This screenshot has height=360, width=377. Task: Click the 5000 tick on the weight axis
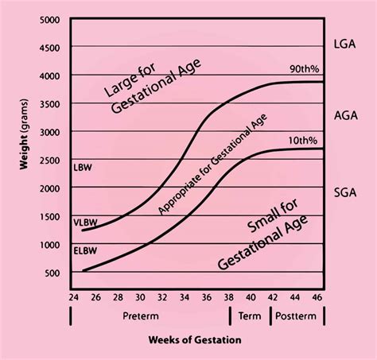point(51,19)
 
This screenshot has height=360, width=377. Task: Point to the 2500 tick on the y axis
point(51,160)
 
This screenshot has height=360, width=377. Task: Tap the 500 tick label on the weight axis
point(54,273)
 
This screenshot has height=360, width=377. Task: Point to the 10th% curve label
point(300,140)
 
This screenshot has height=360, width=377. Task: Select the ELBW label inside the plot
point(86,250)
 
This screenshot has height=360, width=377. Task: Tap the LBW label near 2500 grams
point(82,168)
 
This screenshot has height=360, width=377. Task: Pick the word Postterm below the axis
point(298,315)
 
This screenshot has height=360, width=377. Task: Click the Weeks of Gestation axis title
point(195,340)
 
